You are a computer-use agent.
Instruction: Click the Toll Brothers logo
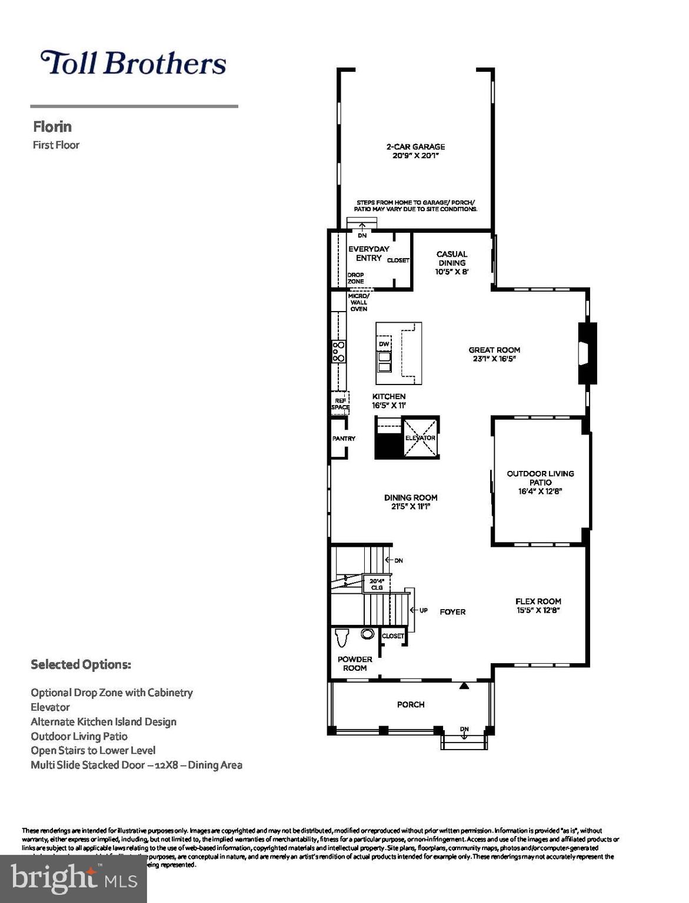(x=133, y=63)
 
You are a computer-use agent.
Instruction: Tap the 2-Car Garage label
(x=415, y=147)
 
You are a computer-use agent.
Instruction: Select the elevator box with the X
(x=420, y=437)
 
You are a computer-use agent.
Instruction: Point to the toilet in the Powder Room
(x=342, y=637)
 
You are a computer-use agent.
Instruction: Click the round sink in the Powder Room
(x=368, y=634)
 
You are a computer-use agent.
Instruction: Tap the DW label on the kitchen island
(x=384, y=344)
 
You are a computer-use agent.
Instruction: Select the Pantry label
(x=344, y=439)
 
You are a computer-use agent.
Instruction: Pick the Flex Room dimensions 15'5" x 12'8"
(x=538, y=610)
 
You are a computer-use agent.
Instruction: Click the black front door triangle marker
(x=464, y=685)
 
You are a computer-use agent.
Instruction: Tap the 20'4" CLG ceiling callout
(x=377, y=584)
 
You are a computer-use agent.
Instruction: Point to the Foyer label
(x=452, y=612)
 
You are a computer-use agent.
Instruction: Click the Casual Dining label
(x=452, y=259)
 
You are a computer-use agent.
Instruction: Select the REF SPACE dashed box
(x=340, y=403)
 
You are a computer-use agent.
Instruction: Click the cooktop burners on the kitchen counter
(x=338, y=352)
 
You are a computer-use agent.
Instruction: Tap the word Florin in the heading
(x=52, y=126)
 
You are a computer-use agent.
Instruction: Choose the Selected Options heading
(x=81, y=664)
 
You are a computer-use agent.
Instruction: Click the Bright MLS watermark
(x=74, y=879)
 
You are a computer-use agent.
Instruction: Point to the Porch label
(x=411, y=704)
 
